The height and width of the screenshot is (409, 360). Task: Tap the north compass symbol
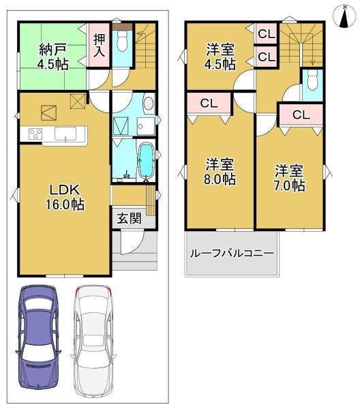click(x=344, y=16)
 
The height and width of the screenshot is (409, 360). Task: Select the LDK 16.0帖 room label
click(x=65, y=197)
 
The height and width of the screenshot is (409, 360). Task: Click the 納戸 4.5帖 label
click(x=53, y=57)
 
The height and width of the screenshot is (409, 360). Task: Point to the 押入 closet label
click(x=100, y=45)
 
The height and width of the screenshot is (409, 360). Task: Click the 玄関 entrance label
click(x=129, y=218)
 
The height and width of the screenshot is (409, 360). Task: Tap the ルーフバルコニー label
click(x=232, y=253)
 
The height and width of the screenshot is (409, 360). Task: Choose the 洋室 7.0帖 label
click(x=289, y=178)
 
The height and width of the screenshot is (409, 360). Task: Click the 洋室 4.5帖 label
click(x=220, y=57)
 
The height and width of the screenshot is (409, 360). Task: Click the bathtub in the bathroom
click(x=146, y=161)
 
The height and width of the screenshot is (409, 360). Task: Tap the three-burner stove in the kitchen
click(x=35, y=134)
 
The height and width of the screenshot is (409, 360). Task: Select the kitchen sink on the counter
click(x=65, y=134)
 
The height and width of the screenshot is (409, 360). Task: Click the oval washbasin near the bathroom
click(x=149, y=104)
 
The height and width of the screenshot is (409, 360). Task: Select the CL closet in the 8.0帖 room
click(x=209, y=104)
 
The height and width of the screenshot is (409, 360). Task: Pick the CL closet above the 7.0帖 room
click(x=301, y=115)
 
